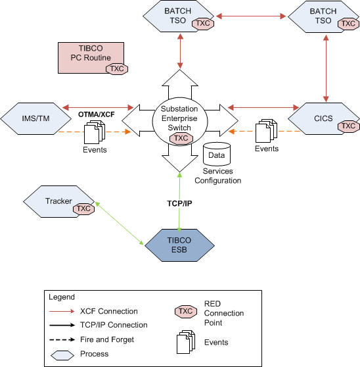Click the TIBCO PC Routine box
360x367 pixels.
(x=91, y=58)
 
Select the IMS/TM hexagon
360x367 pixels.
(x=35, y=118)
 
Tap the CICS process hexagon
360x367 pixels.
(x=323, y=118)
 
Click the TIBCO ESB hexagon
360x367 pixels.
(x=179, y=245)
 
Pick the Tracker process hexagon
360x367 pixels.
(x=58, y=201)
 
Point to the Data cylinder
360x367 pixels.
(x=217, y=154)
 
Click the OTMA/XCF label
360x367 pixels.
(x=97, y=114)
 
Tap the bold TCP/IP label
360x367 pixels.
(x=179, y=203)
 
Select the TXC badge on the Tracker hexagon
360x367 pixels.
(x=83, y=208)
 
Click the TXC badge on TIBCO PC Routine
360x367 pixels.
(x=117, y=69)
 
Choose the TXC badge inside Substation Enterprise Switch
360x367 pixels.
(x=181, y=138)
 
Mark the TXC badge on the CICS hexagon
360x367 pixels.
(x=349, y=126)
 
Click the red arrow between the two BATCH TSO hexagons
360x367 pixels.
(x=251, y=16)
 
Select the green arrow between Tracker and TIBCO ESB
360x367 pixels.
(x=119, y=224)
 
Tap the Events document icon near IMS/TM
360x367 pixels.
(x=95, y=132)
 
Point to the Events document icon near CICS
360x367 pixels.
(x=266, y=131)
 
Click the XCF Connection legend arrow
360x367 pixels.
(x=62, y=311)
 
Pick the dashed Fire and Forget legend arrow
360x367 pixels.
(x=62, y=339)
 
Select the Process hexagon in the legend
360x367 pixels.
(x=62, y=355)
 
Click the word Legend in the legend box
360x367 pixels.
(x=62, y=297)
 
